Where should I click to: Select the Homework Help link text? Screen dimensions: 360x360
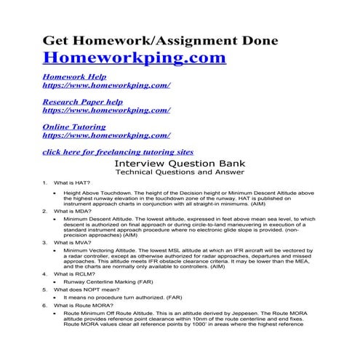(x=74, y=76)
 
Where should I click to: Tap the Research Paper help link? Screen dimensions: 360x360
(x=82, y=102)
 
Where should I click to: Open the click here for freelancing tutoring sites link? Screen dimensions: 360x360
(x=118, y=152)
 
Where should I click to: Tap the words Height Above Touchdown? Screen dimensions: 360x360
(x=98, y=193)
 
